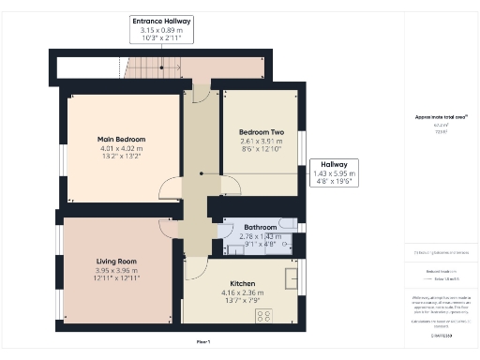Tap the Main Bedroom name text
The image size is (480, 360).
click(122, 140)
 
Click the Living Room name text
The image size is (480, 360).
click(116, 262)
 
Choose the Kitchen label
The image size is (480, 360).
click(243, 282)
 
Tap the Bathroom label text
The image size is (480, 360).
click(260, 228)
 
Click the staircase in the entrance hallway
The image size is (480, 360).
click(150, 67)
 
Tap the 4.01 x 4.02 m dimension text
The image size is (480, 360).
click(122, 148)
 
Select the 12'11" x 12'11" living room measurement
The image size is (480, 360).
click(116, 278)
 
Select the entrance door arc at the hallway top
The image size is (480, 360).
click(201, 95)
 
